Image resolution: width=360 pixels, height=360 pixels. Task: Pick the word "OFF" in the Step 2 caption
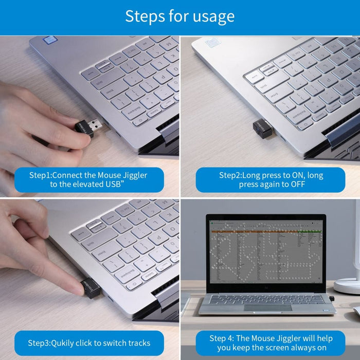(x=297, y=185)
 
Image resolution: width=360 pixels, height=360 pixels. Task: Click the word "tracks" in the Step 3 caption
(x=137, y=343)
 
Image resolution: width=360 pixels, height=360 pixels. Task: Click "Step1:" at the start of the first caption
(x=43, y=175)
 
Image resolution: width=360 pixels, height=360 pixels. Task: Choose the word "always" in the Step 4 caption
(x=293, y=348)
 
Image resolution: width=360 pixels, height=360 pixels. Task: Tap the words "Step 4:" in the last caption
(x=222, y=338)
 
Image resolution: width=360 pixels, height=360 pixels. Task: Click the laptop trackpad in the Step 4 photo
(x=267, y=308)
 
